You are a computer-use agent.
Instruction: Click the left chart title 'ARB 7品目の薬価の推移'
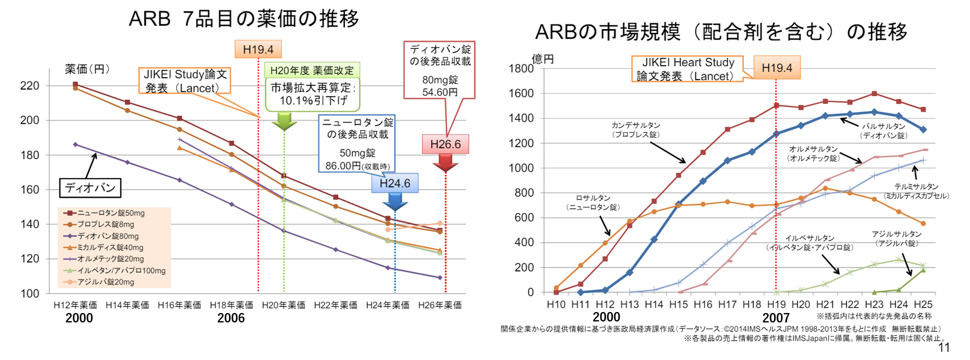pyautogui.click(x=243, y=19)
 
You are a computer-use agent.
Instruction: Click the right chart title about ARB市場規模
pyautogui.click(x=721, y=32)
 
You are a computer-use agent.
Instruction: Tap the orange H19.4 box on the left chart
pyautogui.click(x=258, y=49)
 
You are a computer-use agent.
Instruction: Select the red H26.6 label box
pyautogui.click(x=445, y=144)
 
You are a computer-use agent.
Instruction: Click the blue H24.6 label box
pyautogui.click(x=395, y=183)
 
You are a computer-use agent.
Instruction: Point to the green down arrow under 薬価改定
pyautogui.click(x=284, y=122)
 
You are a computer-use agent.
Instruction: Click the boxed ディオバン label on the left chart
pyautogui.click(x=90, y=188)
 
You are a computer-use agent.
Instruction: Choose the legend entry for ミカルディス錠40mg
pyautogui.click(x=110, y=247)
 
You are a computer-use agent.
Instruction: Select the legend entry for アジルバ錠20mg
pyautogui.click(x=105, y=282)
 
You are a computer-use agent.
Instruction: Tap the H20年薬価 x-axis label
pyautogui.click(x=283, y=305)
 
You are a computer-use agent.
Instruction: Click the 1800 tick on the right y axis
pyautogui.click(x=521, y=68)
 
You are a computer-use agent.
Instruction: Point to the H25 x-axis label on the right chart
pyautogui.click(x=923, y=305)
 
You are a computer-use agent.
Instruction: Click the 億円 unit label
pyautogui.click(x=543, y=59)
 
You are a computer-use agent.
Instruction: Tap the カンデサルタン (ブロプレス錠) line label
pyautogui.click(x=636, y=130)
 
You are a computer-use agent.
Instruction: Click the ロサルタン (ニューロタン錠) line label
pyautogui.click(x=593, y=203)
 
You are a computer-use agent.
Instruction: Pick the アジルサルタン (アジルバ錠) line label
pyautogui.click(x=897, y=238)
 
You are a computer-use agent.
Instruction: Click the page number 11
pyautogui.click(x=944, y=347)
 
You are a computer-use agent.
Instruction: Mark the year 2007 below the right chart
pyautogui.click(x=776, y=317)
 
